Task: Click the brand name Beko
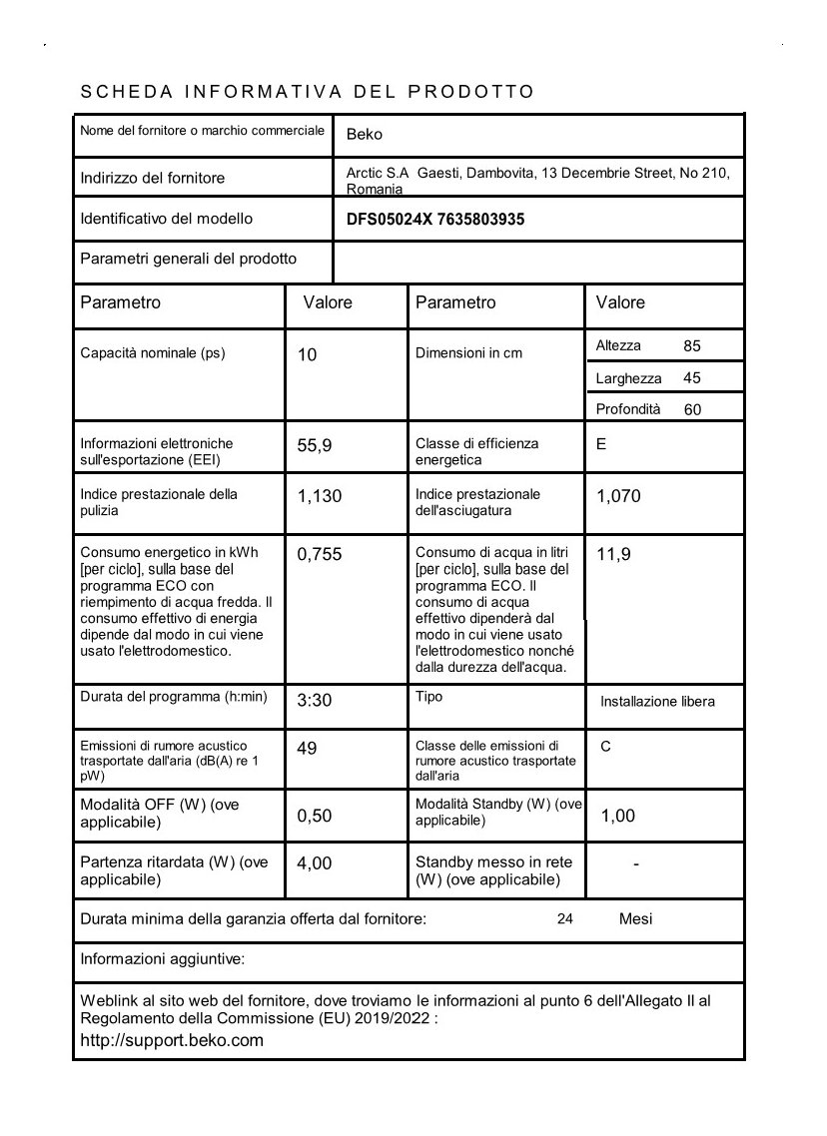[365, 135]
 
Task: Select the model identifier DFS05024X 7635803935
[435, 220]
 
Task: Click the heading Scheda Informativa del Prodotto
[307, 92]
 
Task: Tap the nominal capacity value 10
[308, 354]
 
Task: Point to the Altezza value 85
[692, 346]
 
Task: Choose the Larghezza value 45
[692, 378]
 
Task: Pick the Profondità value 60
[692, 409]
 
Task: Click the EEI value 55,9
[314, 446]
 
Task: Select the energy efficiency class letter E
[601, 444]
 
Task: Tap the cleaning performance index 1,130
[320, 496]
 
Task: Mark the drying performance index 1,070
[618, 496]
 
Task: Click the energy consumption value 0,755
[320, 555]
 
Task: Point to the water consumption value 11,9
[613, 555]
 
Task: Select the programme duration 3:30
[314, 701]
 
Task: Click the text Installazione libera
[657, 702]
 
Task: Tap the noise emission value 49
[307, 748]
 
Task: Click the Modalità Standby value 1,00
[617, 817]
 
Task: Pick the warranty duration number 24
[565, 919]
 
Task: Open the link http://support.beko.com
[172, 1040]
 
